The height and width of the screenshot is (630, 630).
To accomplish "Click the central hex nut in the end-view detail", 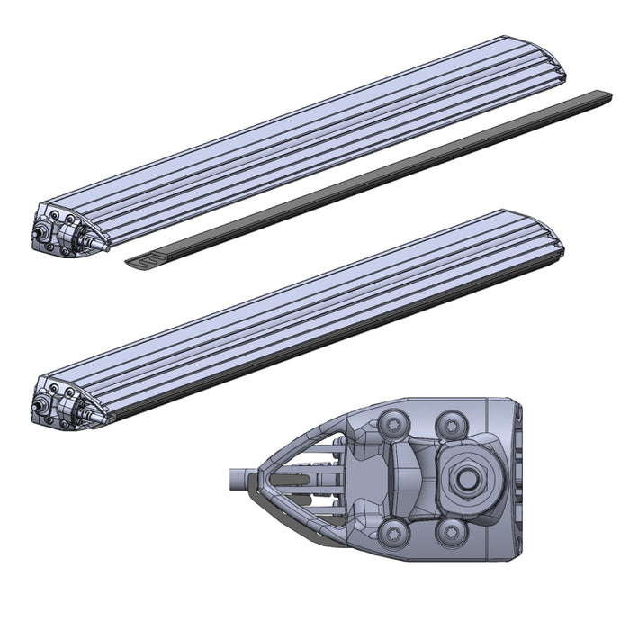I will coord(466,479).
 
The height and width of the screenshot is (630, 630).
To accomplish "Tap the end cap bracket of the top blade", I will coord(67,226).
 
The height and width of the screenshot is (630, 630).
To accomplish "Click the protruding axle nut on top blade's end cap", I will coord(40,234).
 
